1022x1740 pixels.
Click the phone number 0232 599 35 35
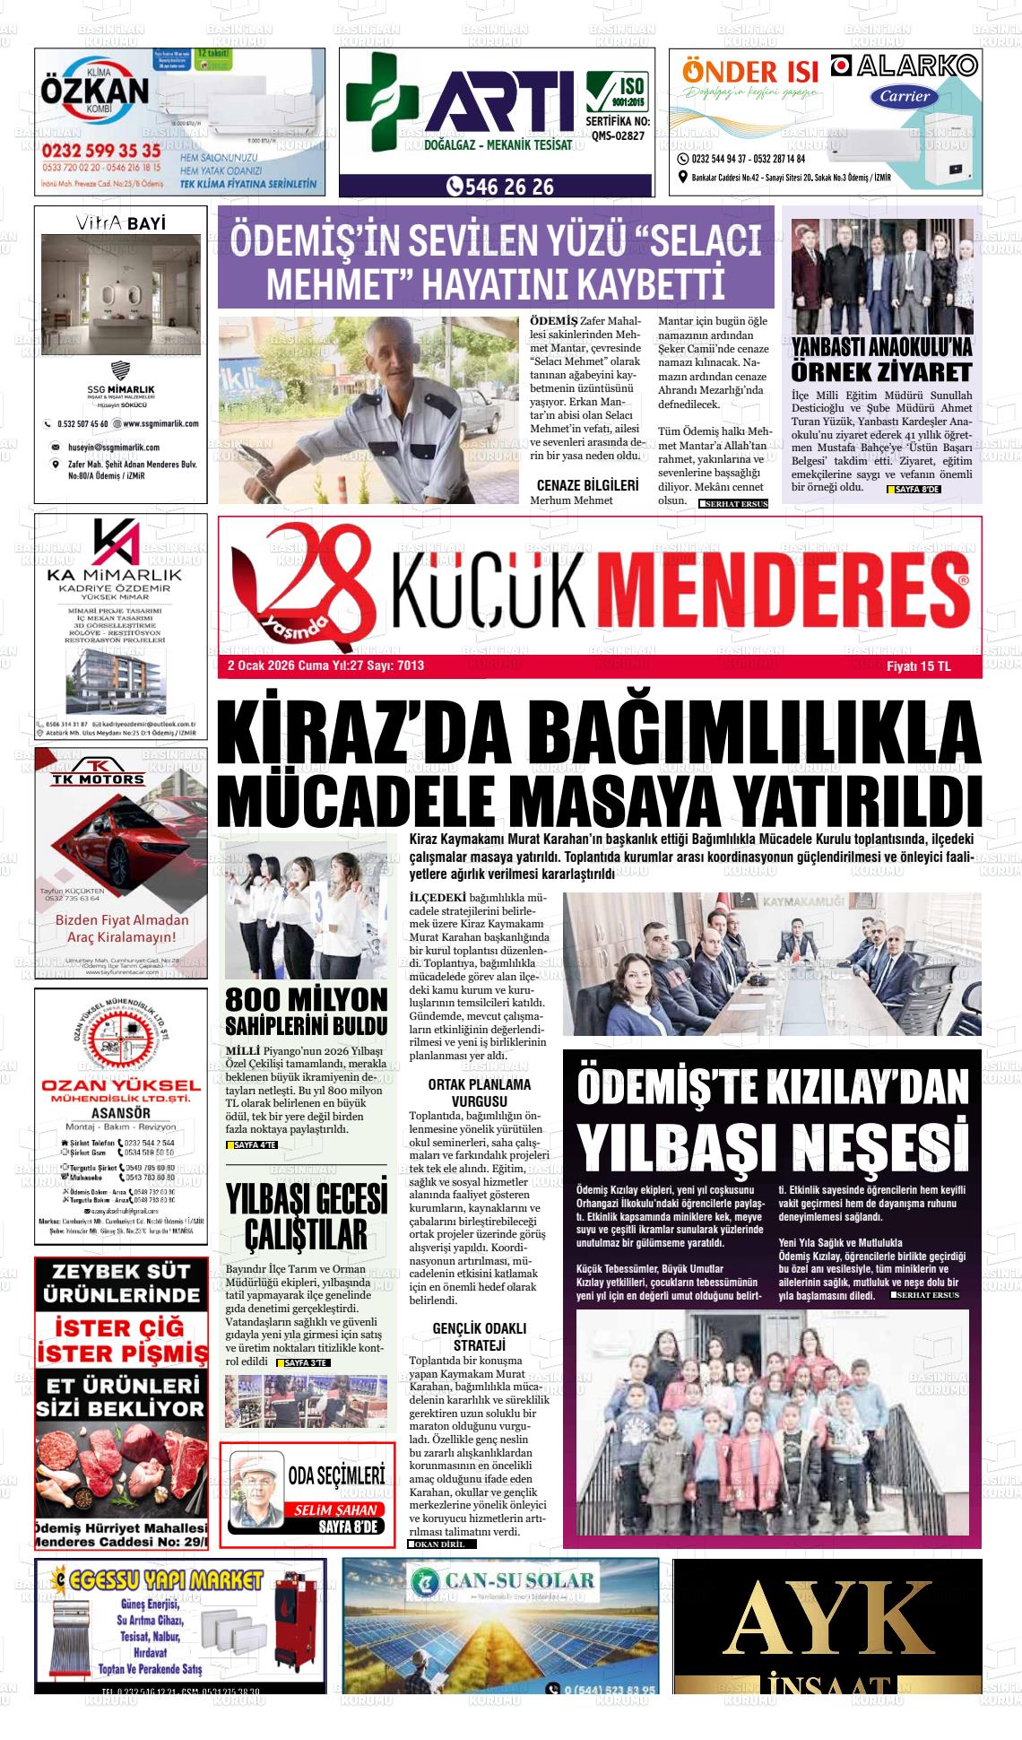[100, 151]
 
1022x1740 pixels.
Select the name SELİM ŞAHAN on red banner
[336, 1509]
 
